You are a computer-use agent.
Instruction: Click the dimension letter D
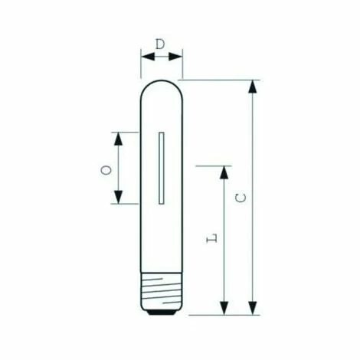click(160, 44)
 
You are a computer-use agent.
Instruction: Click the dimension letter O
click(106, 170)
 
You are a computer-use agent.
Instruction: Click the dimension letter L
click(212, 238)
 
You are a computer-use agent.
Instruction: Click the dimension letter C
click(241, 198)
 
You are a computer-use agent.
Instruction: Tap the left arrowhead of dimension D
click(148, 57)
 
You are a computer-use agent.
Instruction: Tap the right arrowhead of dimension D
click(175, 57)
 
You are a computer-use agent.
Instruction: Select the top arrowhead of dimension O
click(118, 139)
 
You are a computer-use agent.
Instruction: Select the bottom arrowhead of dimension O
click(118, 197)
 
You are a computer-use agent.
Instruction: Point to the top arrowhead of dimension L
click(224, 172)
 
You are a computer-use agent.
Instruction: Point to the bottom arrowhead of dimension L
click(224, 308)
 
